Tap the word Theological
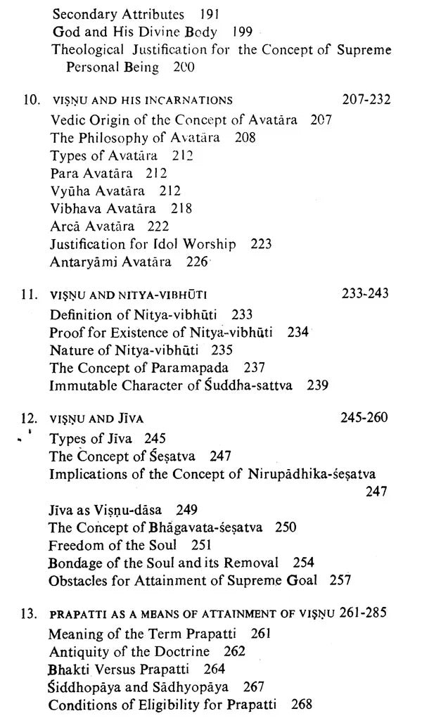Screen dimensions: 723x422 (x=86, y=51)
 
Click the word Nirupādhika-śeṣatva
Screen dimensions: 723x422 (x=331, y=474)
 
